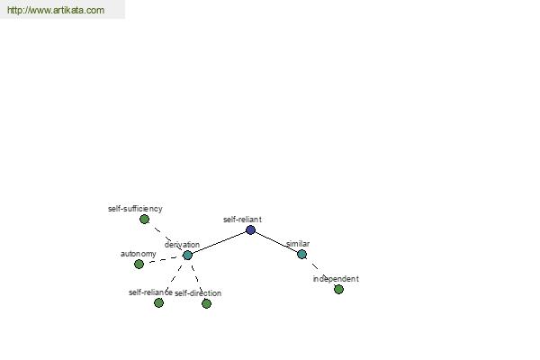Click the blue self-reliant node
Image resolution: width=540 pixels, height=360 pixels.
tap(251, 229)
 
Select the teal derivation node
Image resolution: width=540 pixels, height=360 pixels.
tap(187, 256)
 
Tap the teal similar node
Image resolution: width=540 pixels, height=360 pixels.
tap(302, 254)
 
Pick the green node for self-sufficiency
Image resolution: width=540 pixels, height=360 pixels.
tap(144, 219)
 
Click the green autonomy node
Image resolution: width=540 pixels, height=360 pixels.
tap(139, 265)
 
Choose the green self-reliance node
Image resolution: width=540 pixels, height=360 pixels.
tap(158, 302)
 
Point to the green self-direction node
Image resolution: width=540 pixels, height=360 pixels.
tap(206, 303)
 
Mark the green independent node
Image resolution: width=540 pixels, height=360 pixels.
tap(338, 289)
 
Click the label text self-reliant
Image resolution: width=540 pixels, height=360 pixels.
tap(242, 220)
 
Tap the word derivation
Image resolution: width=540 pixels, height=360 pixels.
tap(182, 245)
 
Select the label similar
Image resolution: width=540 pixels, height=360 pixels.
tap(298, 244)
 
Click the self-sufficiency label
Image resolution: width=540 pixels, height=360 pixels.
tap(135, 209)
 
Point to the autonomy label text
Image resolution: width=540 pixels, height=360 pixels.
tap(139, 254)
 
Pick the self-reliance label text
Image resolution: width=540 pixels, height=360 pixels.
tap(150, 292)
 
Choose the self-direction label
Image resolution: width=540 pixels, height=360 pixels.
tap(198, 293)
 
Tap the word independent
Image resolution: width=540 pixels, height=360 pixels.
tap(336, 279)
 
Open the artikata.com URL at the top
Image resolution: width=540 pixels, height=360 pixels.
tap(56, 10)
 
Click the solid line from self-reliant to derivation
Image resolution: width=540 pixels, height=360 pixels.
tap(219, 242)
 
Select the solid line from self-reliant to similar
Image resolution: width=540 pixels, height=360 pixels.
tap(276, 242)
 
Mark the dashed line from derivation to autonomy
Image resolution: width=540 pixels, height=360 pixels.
tap(163, 260)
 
